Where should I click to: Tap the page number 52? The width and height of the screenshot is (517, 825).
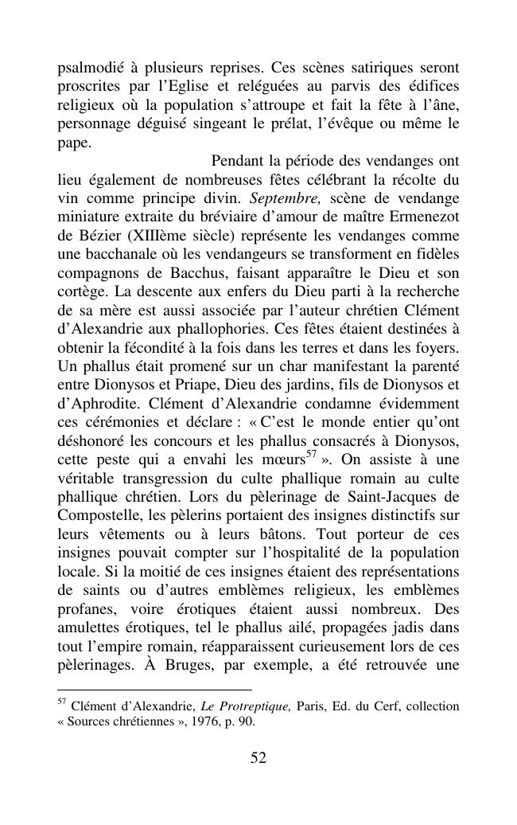coord(258,757)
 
